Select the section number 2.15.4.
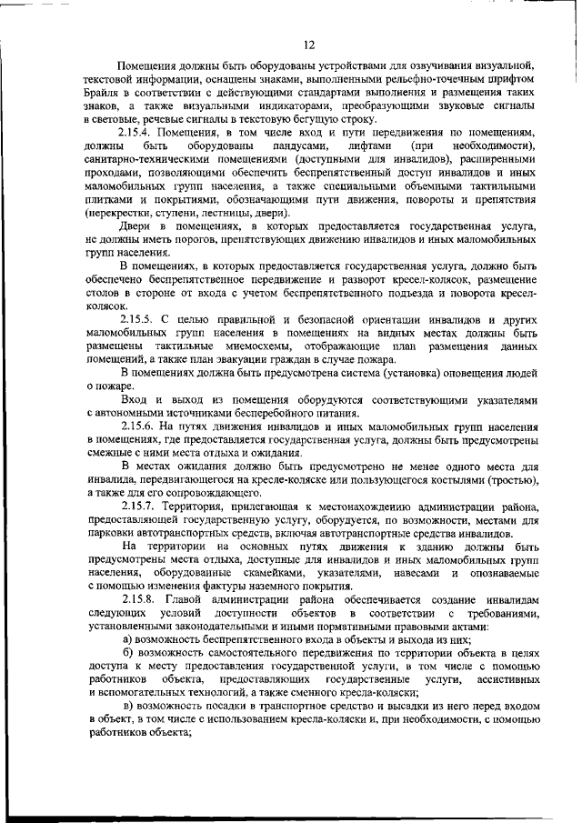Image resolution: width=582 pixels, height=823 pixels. [138, 133]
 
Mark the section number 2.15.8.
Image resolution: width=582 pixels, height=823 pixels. [138, 602]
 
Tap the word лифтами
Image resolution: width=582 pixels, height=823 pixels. [367, 146]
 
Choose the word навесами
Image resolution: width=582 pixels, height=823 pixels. [434, 575]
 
